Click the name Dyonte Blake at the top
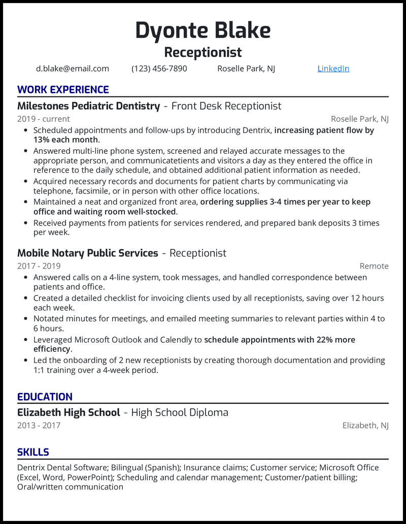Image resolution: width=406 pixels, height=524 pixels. pos(203,31)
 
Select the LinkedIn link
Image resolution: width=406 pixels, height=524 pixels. pos(333,69)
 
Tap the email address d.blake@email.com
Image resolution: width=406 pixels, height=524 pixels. pos(73,69)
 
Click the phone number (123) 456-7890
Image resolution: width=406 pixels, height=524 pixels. pos(159,69)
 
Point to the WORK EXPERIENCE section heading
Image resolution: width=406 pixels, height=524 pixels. pos(63,90)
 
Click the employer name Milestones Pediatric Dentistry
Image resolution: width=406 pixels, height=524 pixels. pos(89,106)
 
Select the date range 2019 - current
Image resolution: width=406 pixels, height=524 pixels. pos(44,119)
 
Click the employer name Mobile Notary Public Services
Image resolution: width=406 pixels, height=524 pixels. pos(88,253)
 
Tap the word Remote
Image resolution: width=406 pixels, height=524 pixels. pos(374,266)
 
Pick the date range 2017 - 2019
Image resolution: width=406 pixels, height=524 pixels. pos(39,266)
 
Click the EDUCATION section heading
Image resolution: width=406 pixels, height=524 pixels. pos(45,397)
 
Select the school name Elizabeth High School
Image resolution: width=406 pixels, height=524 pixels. pos(69,413)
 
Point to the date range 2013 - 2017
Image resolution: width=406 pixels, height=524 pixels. pos(39,425)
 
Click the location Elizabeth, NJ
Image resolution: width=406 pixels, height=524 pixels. pos(365,425)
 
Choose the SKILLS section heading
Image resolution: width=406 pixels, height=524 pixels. pos(33,452)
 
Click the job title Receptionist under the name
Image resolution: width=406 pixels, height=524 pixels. pos(203,52)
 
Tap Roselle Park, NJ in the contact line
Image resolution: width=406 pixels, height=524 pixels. pos(246,69)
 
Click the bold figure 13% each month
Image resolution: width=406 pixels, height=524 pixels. pos(66,140)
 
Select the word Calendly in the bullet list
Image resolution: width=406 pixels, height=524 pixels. pos(185,340)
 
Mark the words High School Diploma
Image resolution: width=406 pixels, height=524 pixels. pos(180,413)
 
